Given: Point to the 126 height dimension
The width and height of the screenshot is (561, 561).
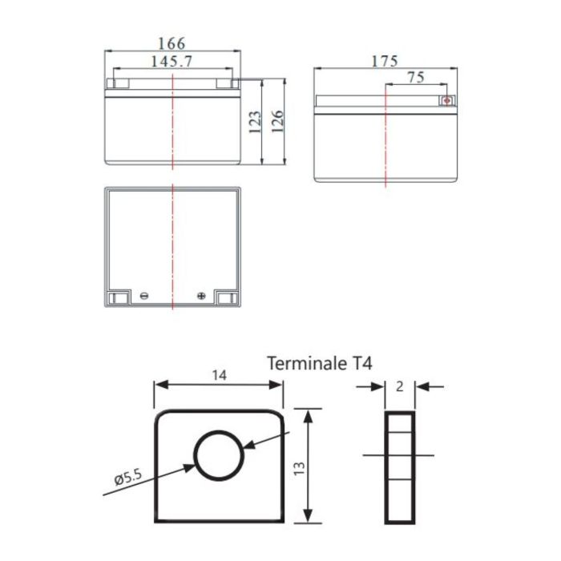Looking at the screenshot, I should pyautogui.click(x=276, y=123).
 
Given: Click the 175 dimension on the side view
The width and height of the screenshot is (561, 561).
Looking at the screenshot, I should pyautogui.click(x=385, y=61).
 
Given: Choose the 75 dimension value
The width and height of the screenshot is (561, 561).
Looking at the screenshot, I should pyautogui.click(x=416, y=78).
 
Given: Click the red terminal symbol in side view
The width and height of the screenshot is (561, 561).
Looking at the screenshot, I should pyautogui.click(x=447, y=102).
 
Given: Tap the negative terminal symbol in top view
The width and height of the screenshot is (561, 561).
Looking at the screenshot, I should pyautogui.click(x=144, y=296).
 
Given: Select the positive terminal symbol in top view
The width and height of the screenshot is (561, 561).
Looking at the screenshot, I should pyautogui.click(x=200, y=296).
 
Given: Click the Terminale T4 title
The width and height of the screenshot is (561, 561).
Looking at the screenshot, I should pyautogui.click(x=319, y=364).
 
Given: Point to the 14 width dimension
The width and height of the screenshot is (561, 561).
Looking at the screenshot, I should pyautogui.click(x=219, y=373).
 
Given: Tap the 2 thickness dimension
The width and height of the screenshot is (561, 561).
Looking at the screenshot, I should pyautogui.click(x=399, y=386).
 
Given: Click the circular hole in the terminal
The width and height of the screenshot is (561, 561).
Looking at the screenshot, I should pyautogui.click(x=219, y=455).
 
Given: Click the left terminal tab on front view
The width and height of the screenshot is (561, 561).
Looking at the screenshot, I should pyautogui.click(x=116, y=82).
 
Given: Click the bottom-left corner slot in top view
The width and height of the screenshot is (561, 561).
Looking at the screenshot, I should pyautogui.click(x=116, y=298).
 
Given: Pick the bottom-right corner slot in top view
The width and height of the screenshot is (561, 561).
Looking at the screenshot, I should pyautogui.click(x=228, y=298).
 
